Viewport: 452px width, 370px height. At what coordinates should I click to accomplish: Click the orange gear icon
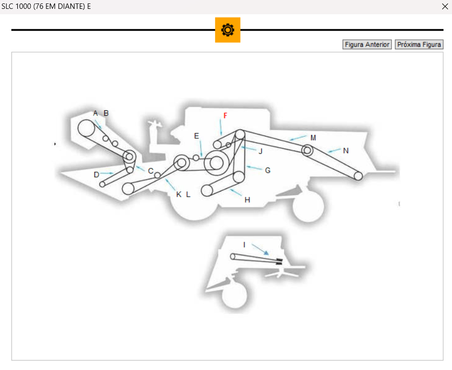227,30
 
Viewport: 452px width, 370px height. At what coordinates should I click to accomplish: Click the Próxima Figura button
419,45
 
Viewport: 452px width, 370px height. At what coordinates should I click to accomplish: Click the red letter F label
226,116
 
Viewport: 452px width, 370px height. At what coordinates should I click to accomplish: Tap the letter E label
196,136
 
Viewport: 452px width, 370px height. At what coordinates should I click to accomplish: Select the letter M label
313,138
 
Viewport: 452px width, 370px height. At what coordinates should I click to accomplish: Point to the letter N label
346,151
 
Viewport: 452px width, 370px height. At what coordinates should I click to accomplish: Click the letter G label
268,170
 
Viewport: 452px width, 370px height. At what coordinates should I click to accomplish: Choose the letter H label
247,200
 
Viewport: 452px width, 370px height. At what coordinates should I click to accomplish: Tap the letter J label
260,151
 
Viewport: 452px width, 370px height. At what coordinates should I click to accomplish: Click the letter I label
244,245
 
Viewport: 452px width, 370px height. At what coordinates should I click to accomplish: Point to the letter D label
97,174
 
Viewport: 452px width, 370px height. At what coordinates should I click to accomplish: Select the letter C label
151,171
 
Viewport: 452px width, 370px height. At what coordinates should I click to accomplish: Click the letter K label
179,194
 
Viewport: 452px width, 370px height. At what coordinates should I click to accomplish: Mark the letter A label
96,113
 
